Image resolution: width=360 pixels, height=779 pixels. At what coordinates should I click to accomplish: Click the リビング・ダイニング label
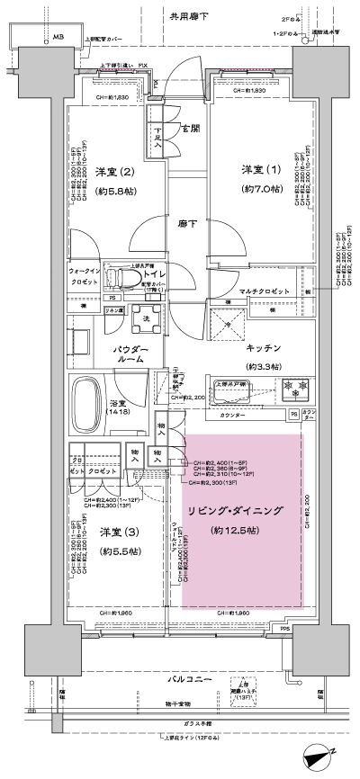[242, 511]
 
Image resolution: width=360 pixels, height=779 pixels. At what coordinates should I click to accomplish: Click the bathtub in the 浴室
[94, 397]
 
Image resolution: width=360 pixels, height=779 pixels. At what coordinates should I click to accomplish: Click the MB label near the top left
[58, 36]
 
